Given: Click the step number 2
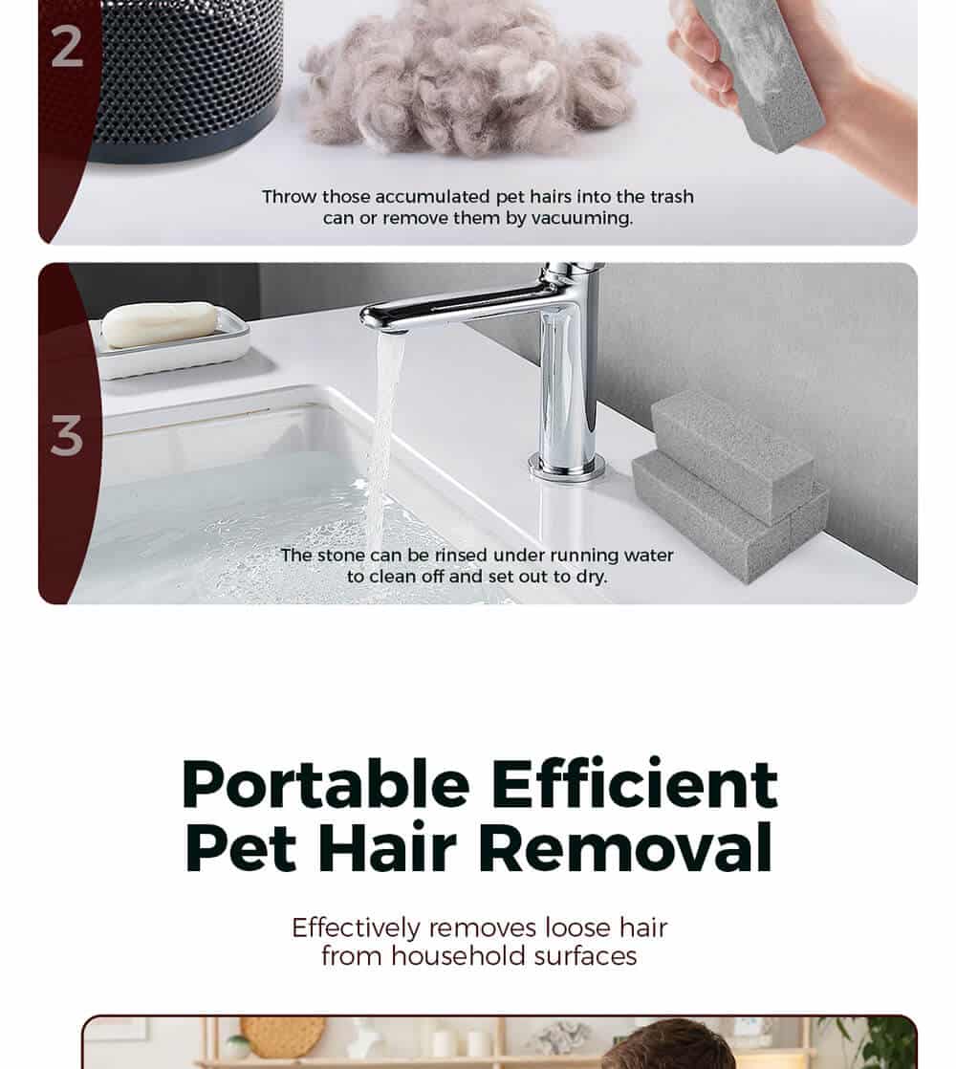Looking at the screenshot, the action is (x=67, y=47).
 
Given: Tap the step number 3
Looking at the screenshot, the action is (x=67, y=435).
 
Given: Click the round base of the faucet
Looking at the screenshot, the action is (x=567, y=467).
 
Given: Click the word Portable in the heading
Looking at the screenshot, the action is (x=326, y=785).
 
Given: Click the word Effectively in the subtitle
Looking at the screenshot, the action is (x=357, y=927).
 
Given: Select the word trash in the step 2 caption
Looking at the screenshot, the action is (x=672, y=196).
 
